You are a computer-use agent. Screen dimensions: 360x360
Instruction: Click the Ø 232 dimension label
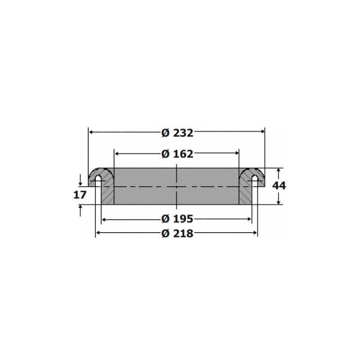click(x=177, y=133)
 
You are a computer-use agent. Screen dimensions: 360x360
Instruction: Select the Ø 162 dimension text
click(x=177, y=154)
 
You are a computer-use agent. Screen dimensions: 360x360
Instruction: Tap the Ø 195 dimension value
click(x=177, y=219)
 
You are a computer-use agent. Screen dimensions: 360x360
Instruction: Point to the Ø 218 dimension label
click(x=177, y=234)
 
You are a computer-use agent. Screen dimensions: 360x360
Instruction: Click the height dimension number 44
click(x=279, y=185)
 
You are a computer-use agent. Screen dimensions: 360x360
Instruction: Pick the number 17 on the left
click(x=80, y=195)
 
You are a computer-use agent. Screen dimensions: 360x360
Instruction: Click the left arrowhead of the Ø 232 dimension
click(x=91, y=132)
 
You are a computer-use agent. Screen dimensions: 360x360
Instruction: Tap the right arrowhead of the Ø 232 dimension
click(x=263, y=131)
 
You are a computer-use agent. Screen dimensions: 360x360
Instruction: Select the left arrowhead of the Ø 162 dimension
click(x=117, y=153)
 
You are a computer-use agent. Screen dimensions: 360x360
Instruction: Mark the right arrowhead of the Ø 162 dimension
click(x=237, y=153)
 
